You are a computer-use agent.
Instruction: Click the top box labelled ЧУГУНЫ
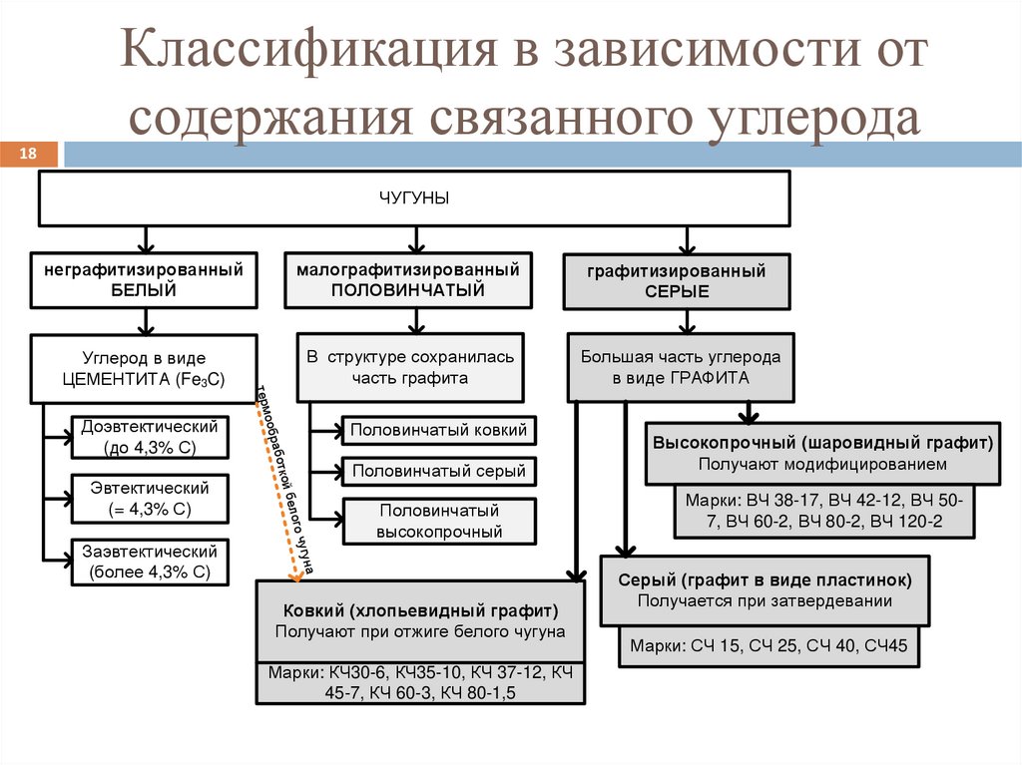coord(413,198)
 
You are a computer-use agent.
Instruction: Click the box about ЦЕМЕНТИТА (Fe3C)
coord(144,368)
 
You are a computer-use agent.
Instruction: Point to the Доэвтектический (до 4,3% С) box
coord(151,438)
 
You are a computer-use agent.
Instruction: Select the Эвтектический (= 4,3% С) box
coord(151,499)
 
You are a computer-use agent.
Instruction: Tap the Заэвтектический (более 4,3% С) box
coord(151,562)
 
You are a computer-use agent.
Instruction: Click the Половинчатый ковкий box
coord(437,431)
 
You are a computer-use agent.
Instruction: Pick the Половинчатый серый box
coord(437,472)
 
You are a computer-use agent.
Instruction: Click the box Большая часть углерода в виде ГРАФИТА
coord(681,368)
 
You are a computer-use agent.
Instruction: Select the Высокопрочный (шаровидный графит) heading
coord(822,442)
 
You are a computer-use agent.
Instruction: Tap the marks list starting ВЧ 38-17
coord(822,511)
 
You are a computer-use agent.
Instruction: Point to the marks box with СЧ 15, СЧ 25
coord(768,646)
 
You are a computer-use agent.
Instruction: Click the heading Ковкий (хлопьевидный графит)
coord(419,610)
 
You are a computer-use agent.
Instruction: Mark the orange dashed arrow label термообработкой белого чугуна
coord(286,478)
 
